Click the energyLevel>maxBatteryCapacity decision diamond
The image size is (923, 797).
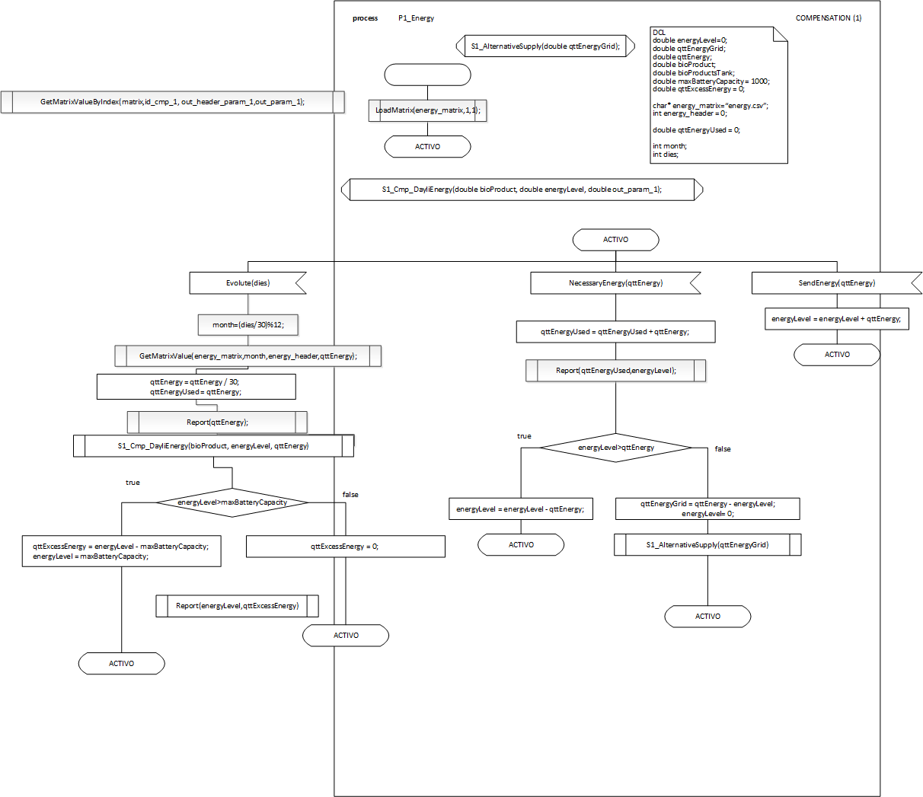[x=232, y=502]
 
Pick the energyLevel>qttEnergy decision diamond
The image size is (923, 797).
[x=616, y=448]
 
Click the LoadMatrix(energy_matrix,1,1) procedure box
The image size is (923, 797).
[x=427, y=110]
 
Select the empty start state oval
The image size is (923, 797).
[x=427, y=75]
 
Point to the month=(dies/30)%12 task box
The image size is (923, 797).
[x=248, y=325]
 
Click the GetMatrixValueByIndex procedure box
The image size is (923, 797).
[x=173, y=102]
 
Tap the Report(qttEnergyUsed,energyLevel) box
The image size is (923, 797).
[x=615, y=371]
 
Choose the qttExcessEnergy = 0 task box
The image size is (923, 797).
[x=345, y=547]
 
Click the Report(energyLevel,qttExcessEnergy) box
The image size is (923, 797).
[x=237, y=606]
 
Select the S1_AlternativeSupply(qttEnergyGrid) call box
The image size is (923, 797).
[x=707, y=545]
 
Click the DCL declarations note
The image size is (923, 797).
[x=719, y=95]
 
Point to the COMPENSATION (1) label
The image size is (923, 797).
[x=829, y=18]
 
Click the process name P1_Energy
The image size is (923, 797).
[x=416, y=18]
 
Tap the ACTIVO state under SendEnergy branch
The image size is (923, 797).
[x=837, y=355]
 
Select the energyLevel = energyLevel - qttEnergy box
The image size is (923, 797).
[x=520, y=509]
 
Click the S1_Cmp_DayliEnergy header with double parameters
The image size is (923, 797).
[x=522, y=190]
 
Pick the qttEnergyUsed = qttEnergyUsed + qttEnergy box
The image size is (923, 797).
[x=615, y=332]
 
